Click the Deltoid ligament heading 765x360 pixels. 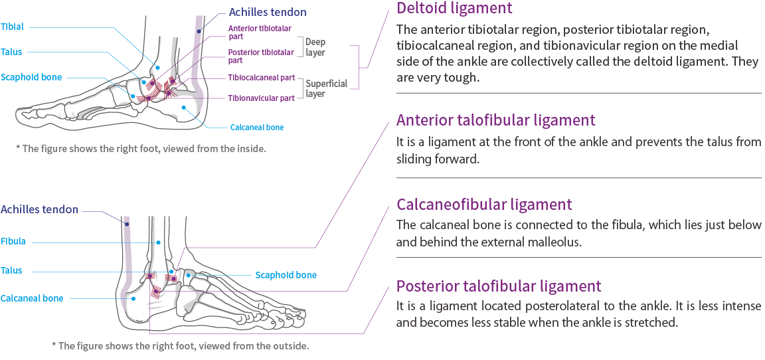click(454, 9)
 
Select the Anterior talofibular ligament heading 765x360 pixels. click(495, 120)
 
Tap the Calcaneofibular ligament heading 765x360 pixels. click(484, 204)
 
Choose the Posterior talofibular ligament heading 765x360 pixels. click(499, 286)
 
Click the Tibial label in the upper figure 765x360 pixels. click(12, 27)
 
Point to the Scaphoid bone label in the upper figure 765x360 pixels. click(31, 77)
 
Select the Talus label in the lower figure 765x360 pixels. click(11, 270)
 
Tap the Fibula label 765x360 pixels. click(13, 241)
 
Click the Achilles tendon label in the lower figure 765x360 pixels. click(39, 209)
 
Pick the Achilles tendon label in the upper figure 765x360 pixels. click(268, 12)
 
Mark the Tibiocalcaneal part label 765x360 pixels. click(261, 78)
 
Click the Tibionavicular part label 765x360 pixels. click(261, 98)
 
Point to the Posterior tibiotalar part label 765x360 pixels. click(260, 56)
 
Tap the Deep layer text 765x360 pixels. click(315, 46)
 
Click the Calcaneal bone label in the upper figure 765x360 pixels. click(257, 127)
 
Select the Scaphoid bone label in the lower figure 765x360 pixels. click(286, 275)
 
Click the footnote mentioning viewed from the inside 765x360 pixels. click(141, 148)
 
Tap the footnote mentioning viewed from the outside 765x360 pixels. click(180, 345)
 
